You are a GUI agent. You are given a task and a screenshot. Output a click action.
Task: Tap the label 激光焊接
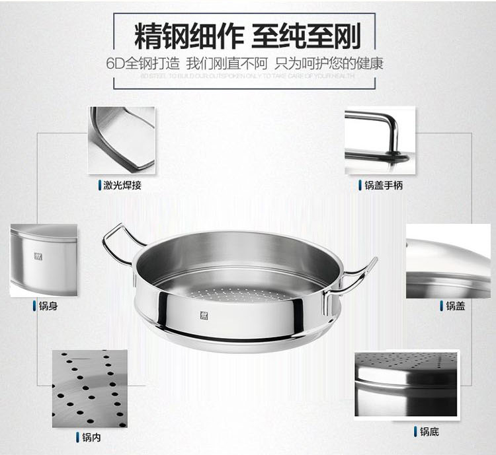[122, 186]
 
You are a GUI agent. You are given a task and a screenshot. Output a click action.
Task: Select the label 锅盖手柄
[384, 186]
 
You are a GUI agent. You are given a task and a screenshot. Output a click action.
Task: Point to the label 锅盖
[455, 306]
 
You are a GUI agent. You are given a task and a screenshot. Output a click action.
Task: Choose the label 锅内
[91, 437]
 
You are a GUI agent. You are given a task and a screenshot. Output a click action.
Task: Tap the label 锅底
[429, 432]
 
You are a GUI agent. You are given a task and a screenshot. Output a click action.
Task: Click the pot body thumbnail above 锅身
[44, 260]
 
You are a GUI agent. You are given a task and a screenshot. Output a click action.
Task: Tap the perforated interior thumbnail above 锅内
[89, 388]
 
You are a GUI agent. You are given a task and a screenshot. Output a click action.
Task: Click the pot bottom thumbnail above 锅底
[405, 383]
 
